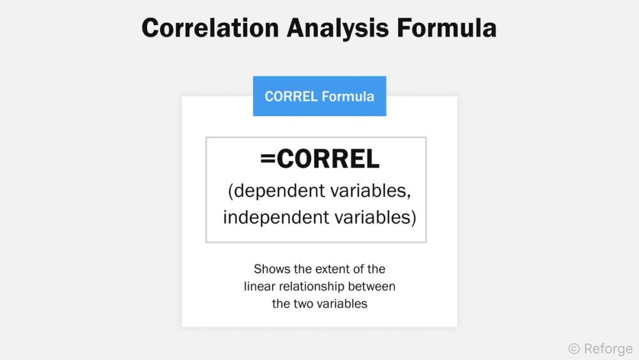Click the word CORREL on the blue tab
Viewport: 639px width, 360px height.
pos(291,97)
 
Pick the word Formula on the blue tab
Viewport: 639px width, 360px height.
pos(348,97)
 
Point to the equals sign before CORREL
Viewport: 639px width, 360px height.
pos(268,160)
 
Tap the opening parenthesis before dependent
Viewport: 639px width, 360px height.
pos(231,190)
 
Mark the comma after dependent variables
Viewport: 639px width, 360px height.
pos(408,194)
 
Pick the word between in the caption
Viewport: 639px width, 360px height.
pos(374,286)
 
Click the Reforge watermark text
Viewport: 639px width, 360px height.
pos(608,348)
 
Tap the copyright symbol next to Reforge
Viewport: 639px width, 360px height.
pos(574,348)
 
